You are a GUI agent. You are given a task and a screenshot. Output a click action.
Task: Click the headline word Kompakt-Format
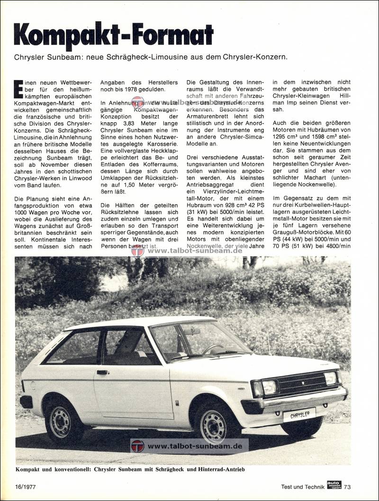click(x=114, y=34)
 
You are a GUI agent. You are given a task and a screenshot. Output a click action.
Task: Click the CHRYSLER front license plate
click(x=299, y=414)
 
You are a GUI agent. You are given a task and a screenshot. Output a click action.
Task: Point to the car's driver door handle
click(x=102, y=372)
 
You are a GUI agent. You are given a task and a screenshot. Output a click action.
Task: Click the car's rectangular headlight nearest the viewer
click(x=269, y=387)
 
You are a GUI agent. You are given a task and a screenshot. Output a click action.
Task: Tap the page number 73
click(x=348, y=486)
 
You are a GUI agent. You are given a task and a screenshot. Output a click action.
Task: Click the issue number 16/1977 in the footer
click(x=27, y=486)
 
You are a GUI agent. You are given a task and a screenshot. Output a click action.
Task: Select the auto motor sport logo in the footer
click(x=334, y=484)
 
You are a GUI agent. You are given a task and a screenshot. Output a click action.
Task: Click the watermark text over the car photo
click(x=195, y=446)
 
